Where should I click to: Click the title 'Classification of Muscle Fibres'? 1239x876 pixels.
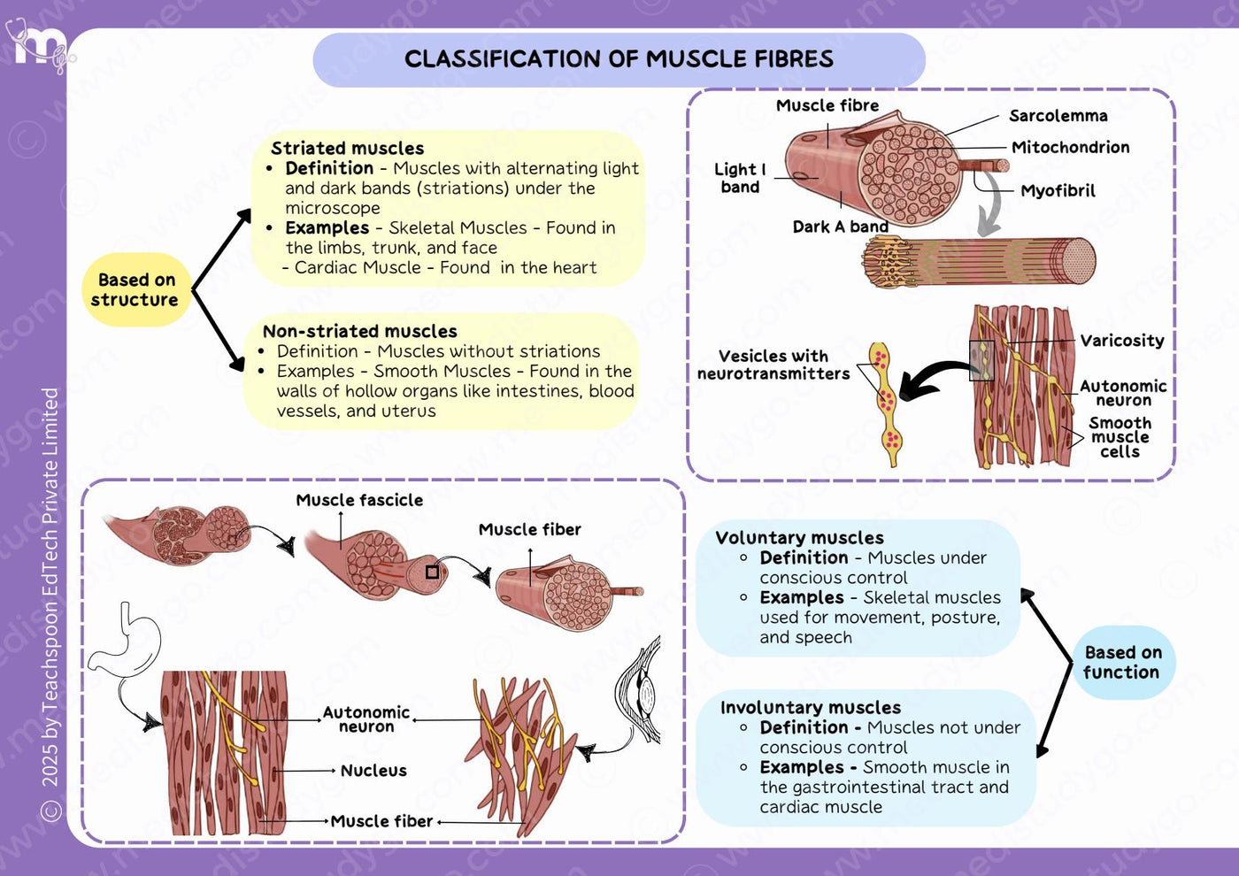[x=619, y=58]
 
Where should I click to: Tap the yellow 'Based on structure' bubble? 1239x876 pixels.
[x=136, y=289]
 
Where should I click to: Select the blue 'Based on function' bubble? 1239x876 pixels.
[x=1123, y=662]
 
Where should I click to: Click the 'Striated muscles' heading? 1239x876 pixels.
[x=347, y=149]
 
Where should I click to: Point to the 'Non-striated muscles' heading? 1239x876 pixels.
[x=359, y=331]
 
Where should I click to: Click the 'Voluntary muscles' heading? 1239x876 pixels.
[x=799, y=538]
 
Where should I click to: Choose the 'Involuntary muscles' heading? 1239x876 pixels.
[x=811, y=707]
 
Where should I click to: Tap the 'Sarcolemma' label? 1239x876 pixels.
[x=1058, y=116]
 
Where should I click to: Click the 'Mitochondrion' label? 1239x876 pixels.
[x=1070, y=147]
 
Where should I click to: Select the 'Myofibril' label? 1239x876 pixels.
[x=1058, y=191]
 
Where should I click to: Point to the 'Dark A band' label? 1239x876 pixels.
[x=840, y=227]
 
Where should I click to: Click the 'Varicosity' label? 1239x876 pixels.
[x=1122, y=341]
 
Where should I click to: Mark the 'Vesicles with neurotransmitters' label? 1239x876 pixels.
[x=773, y=365]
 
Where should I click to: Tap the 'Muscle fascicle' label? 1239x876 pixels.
[x=359, y=500]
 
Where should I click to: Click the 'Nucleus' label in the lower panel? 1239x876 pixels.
[x=373, y=771]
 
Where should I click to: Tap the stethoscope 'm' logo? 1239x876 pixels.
[x=40, y=45]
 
